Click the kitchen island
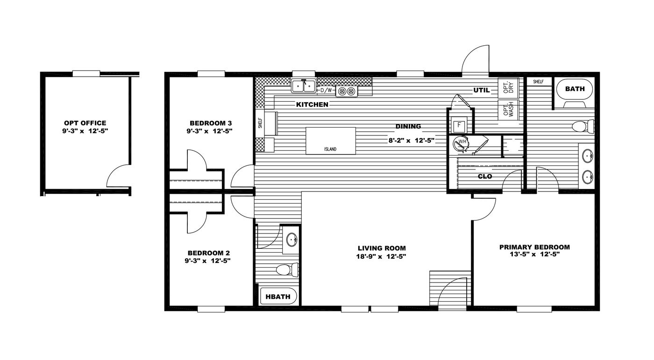point(331,141)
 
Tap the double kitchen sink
point(304,86)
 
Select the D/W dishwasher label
point(326,90)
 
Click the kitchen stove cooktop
point(347,91)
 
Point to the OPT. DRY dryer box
point(508,87)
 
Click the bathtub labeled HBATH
point(278,296)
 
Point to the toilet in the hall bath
point(286,269)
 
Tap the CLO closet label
point(484,176)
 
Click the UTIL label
point(481,90)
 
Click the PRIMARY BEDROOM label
point(534,247)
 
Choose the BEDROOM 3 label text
point(211,123)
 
